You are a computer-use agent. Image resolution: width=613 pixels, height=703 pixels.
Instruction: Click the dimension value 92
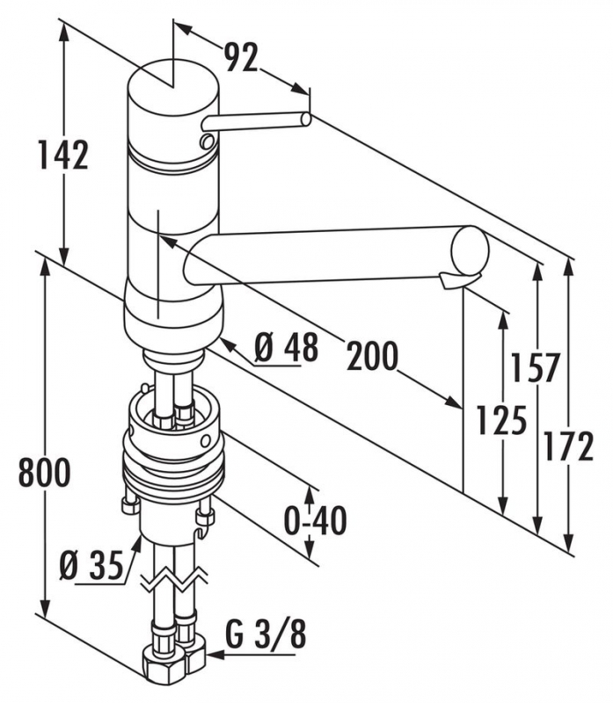[x=240, y=58]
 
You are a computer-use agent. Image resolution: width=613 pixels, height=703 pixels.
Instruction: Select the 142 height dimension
[x=62, y=156]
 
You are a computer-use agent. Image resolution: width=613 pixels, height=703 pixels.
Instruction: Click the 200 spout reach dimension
[x=371, y=356]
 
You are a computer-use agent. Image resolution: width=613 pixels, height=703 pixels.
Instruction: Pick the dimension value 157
[x=536, y=367]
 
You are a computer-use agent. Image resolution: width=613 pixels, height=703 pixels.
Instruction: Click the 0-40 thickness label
[x=315, y=520]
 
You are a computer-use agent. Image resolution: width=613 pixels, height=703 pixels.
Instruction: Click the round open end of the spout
[x=471, y=251]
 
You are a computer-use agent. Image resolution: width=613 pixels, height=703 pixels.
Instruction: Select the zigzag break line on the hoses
[x=173, y=580]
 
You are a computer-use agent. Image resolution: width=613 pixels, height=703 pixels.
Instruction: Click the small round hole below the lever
[x=207, y=141]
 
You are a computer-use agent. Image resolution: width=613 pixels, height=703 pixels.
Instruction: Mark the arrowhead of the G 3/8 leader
[x=208, y=651]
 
